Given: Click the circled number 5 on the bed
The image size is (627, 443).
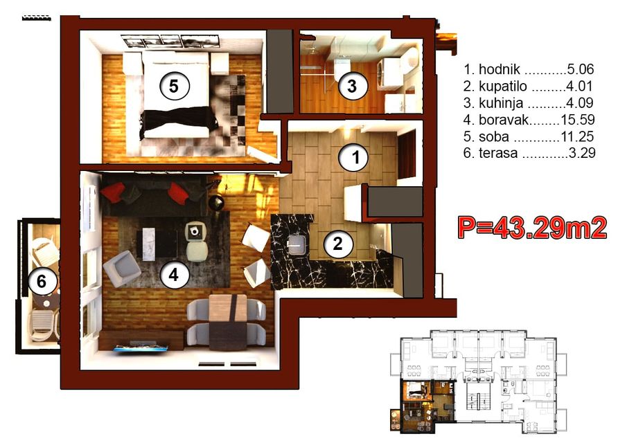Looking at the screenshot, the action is [x=174, y=86].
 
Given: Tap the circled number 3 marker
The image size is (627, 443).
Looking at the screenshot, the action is [x=352, y=86].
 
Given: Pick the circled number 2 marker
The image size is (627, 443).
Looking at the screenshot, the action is [x=338, y=243].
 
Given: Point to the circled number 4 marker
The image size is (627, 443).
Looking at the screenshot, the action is [x=174, y=274].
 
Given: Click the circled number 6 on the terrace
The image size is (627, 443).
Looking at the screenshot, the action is [x=42, y=282].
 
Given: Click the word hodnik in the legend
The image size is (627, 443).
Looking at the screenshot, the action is [x=500, y=69].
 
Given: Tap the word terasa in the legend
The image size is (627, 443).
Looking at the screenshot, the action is [x=498, y=152].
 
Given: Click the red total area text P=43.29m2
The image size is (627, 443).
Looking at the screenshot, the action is [x=532, y=228].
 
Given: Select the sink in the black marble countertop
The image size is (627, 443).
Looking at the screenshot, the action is [x=297, y=244].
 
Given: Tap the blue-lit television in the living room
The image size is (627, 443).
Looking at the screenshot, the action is [x=141, y=347].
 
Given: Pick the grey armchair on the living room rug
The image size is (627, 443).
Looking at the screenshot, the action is [x=122, y=268].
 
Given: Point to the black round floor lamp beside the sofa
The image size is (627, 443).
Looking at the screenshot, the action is [x=216, y=203].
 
